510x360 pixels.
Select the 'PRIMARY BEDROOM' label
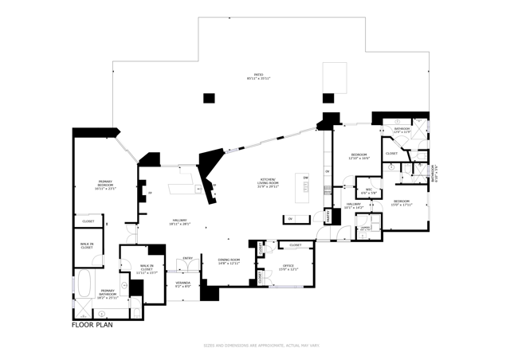[x=105, y=186]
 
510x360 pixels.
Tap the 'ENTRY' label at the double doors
[x=188, y=258]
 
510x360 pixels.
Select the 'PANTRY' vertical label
[x=328, y=216]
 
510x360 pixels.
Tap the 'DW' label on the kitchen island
[x=305, y=177]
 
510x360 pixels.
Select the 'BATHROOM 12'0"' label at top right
[x=401, y=130]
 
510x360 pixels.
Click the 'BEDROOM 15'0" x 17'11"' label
[x=402, y=202]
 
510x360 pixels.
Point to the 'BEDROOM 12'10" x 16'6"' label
[x=359, y=156]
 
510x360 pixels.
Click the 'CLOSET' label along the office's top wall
[x=295, y=245]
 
